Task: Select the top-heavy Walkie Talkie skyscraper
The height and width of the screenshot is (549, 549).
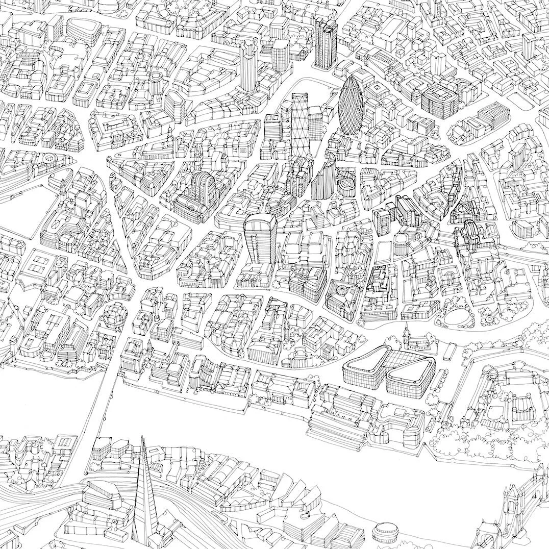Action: click(260, 240)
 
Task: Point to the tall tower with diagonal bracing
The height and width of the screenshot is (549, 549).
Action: click(300, 122)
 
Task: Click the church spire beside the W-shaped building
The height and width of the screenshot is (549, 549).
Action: click(407, 334)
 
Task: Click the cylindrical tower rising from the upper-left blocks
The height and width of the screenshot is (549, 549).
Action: click(156, 82)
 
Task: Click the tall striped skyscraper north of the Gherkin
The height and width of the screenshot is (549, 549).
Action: click(325, 41)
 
